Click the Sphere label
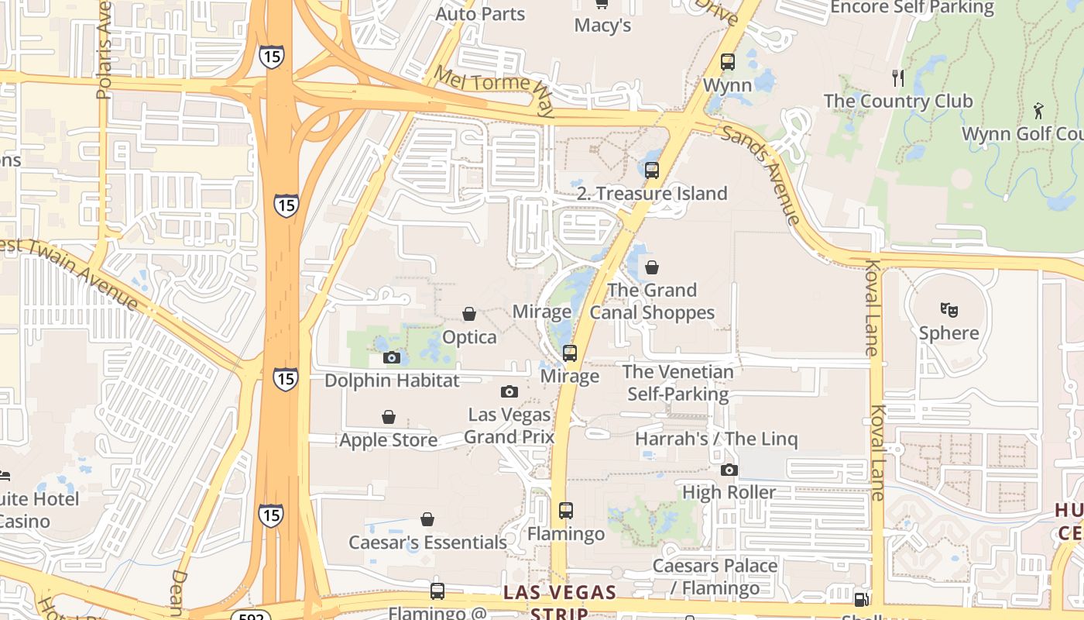pos(948,333)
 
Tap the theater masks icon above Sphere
pos(948,310)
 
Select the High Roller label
pos(729,492)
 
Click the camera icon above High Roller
pos(729,470)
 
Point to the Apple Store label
pos(388,440)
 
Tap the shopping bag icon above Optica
pos(468,314)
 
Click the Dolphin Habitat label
pos(391,381)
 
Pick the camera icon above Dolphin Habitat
pos(392,357)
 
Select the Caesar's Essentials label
pos(427,542)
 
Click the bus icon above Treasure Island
pos(652,170)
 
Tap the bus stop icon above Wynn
pos(727,62)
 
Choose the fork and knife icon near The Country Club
pos(898,77)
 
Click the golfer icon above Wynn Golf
pos(1038,111)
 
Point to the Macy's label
pos(602,26)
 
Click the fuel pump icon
pos(860,599)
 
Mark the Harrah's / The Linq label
pos(715,439)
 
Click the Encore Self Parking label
pos(911,8)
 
